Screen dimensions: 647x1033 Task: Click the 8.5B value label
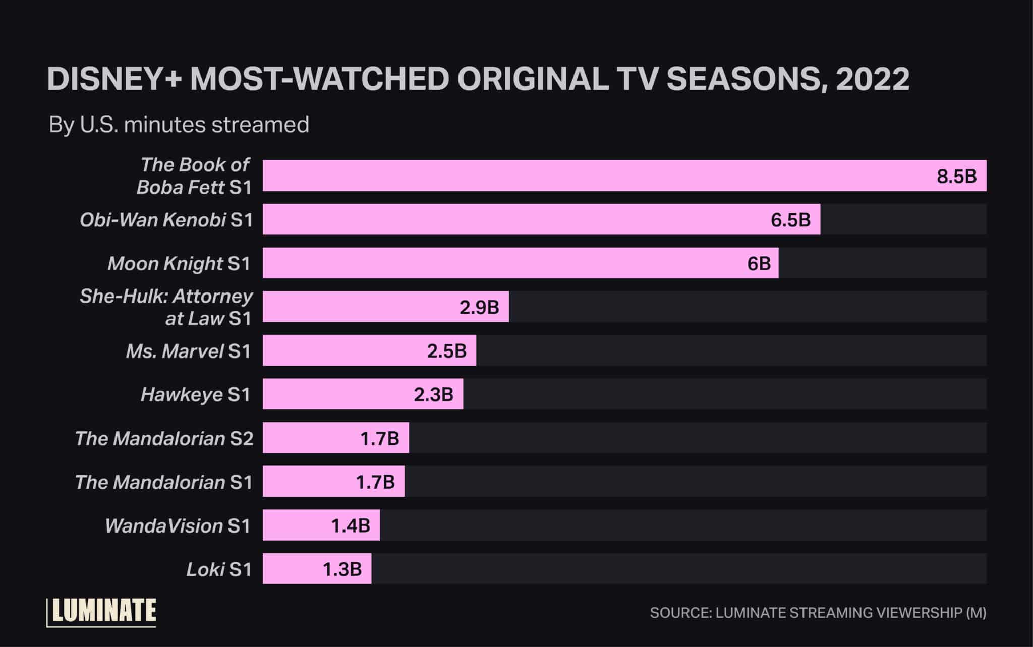[x=956, y=176]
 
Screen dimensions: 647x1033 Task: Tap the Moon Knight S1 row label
[x=179, y=263]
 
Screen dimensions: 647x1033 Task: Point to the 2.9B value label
[x=479, y=307]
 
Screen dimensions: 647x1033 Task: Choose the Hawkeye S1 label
[x=196, y=394]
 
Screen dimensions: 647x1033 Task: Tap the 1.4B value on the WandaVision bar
[x=351, y=525]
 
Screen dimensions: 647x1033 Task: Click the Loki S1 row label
[x=219, y=569]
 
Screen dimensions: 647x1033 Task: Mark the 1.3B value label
[x=342, y=569]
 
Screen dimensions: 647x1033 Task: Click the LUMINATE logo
[x=102, y=612]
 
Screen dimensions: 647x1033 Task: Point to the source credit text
[x=818, y=613]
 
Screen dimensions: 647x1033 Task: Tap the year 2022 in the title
[x=872, y=79]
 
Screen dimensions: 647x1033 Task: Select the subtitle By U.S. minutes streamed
[x=179, y=125]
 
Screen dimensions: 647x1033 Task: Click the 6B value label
[x=759, y=263]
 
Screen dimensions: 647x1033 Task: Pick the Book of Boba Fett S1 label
[x=195, y=176]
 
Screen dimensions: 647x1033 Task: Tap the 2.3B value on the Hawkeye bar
[x=433, y=394]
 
